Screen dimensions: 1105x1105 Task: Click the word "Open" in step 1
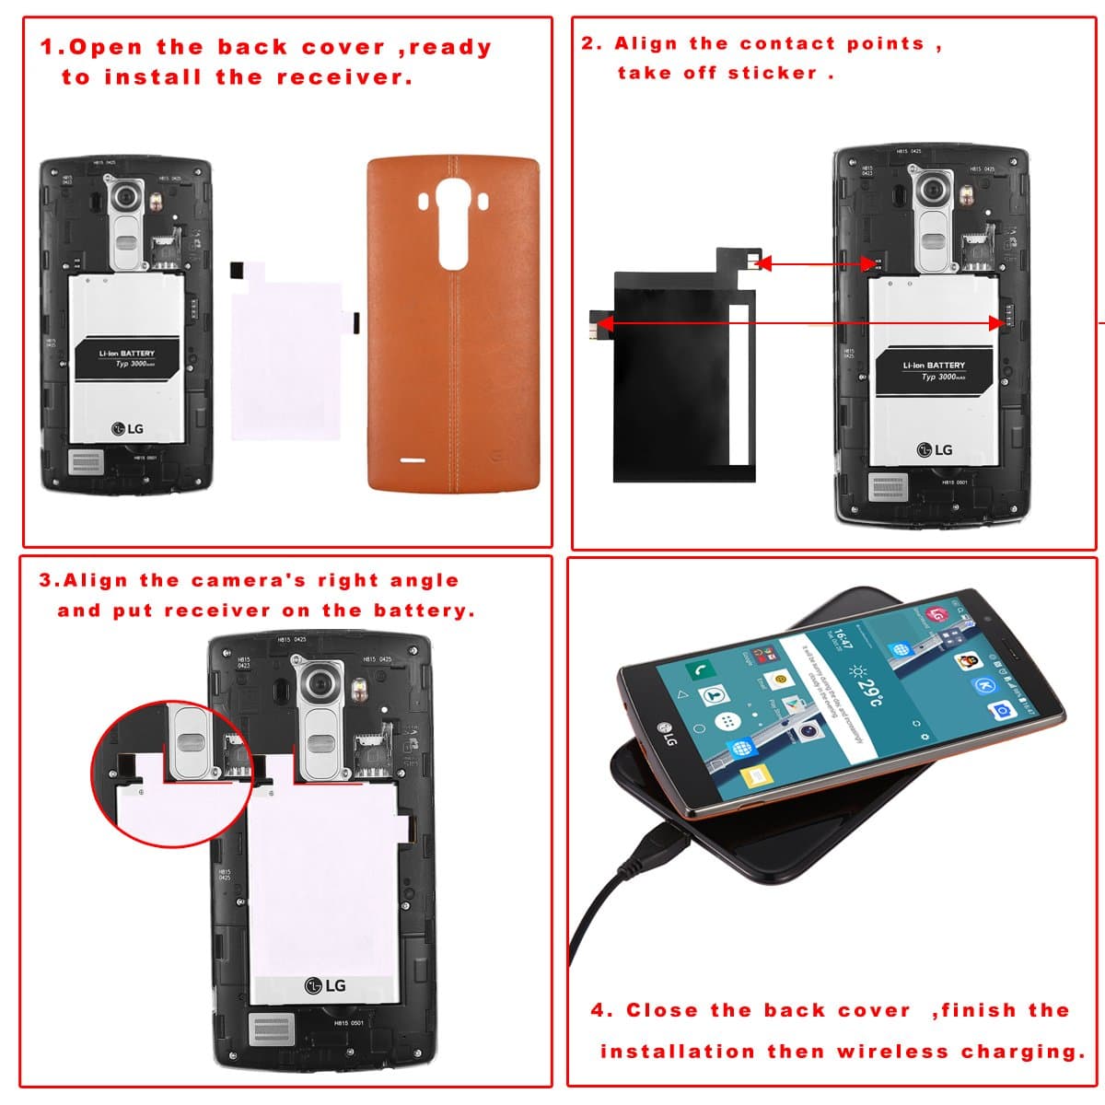click(106, 48)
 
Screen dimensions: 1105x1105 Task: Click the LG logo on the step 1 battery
click(128, 428)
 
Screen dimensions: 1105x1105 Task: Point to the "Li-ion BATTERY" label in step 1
click(127, 354)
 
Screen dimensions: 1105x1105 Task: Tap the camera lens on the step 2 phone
click(936, 191)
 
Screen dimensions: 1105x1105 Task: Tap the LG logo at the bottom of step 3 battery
click(325, 986)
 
